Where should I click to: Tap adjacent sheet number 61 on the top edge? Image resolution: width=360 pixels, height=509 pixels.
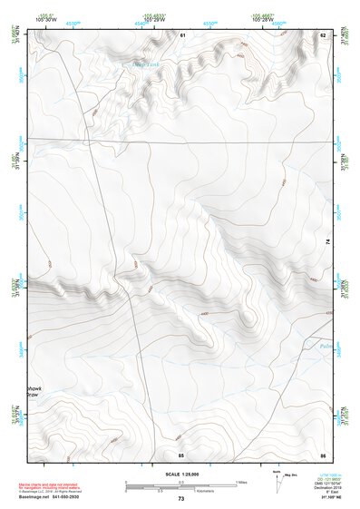pyautogui.click(x=181, y=34)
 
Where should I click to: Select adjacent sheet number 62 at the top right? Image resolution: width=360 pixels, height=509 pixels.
pyautogui.click(x=322, y=34)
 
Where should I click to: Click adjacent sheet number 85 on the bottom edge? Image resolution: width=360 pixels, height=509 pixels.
pyautogui.click(x=180, y=454)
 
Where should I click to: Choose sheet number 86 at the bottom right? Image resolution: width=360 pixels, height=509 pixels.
pyautogui.click(x=322, y=454)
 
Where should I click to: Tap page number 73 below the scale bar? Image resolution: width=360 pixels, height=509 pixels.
pyautogui.click(x=180, y=499)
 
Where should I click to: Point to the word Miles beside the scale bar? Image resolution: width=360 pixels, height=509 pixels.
pyautogui.click(x=241, y=481)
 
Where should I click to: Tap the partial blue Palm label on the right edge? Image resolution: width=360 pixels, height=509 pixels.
pyautogui.click(x=326, y=346)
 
